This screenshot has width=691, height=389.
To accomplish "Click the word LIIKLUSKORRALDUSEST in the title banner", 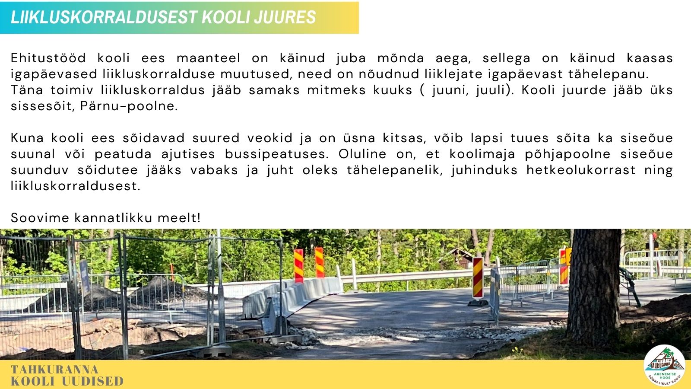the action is [x=104, y=17].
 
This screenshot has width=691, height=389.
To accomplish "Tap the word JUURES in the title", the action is [x=285, y=17].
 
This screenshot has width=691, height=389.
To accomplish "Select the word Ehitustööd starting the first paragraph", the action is [x=48, y=58].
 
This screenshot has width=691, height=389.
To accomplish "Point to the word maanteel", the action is [x=208, y=58].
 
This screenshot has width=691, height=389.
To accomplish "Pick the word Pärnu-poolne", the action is [x=129, y=106].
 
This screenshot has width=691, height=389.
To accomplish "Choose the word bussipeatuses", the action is [x=277, y=154].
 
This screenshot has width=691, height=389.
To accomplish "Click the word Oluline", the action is [x=362, y=154].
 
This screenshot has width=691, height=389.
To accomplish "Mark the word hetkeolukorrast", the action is [x=581, y=170].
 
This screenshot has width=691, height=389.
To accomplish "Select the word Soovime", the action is [x=40, y=218].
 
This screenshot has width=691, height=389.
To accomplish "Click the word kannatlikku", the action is [x=114, y=218].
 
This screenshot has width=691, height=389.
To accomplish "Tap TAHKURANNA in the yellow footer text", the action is [x=54, y=370].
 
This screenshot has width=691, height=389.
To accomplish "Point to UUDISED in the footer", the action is [x=93, y=381].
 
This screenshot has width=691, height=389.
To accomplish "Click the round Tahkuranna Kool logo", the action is [x=664, y=365].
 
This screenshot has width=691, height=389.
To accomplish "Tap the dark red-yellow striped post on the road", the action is [x=478, y=278].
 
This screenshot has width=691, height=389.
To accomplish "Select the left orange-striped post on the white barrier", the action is [x=298, y=266].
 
